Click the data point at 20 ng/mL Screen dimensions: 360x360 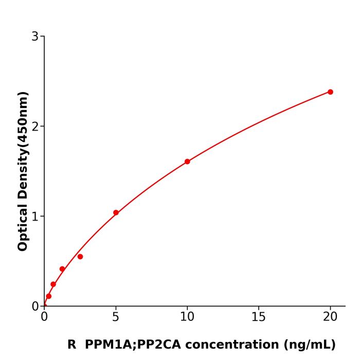(330, 92)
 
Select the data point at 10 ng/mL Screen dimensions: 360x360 (187, 161)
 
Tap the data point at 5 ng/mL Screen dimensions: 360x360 (116, 212)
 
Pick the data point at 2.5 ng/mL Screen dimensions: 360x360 (80, 257)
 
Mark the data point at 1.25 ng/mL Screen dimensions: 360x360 (62, 269)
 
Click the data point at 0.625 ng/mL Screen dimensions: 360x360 (53, 284)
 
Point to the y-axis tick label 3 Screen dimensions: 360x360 (35, 37)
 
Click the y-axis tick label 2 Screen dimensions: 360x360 (35, 127)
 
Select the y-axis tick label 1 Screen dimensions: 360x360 (35, 217)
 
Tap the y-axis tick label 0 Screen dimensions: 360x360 (35, 307)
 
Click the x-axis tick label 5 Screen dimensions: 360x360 (116, 317)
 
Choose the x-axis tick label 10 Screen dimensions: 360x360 (187, 317)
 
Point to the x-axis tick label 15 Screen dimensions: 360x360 (259, 317)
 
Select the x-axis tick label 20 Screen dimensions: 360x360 (330, 317)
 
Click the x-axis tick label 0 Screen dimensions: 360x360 (44, 317)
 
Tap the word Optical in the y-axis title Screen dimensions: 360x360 (23, 226)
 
